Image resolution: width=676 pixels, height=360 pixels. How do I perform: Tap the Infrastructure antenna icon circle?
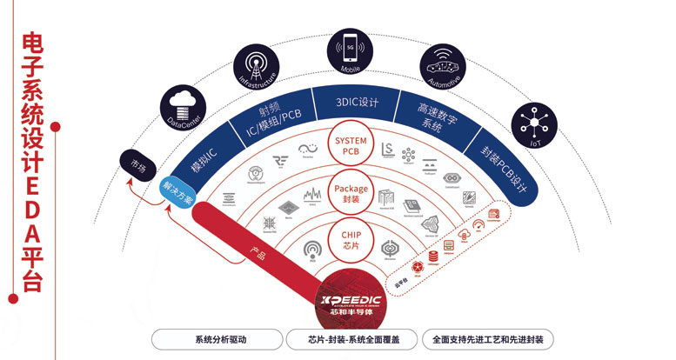click(x=254, y=68)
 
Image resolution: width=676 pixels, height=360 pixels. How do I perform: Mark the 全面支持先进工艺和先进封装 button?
click(x=487, y=340)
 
